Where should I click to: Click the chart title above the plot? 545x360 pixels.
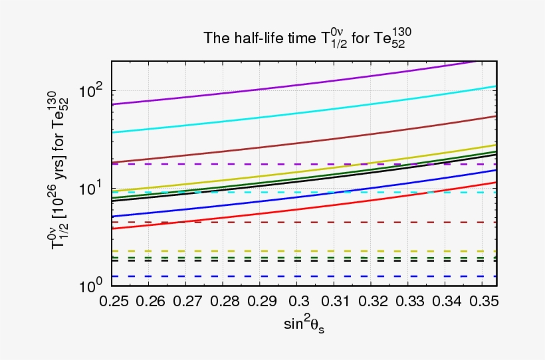(x=310, y=39)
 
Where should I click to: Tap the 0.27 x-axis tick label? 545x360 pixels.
(x=187, y=302)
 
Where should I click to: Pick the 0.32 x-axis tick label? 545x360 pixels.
(x=376, y=302)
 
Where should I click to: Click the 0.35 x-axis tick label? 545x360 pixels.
(x=485, y=302)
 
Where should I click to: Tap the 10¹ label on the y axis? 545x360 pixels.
(x=91, y=188)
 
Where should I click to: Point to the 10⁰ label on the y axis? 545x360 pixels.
(x=91, y=286)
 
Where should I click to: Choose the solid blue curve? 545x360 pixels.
(x=266, y=199)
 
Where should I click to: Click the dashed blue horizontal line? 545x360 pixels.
(x=266, y=276)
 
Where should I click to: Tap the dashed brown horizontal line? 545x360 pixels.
(x=266, y=223)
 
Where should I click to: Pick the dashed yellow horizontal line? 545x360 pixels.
(x=266, y=251)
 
